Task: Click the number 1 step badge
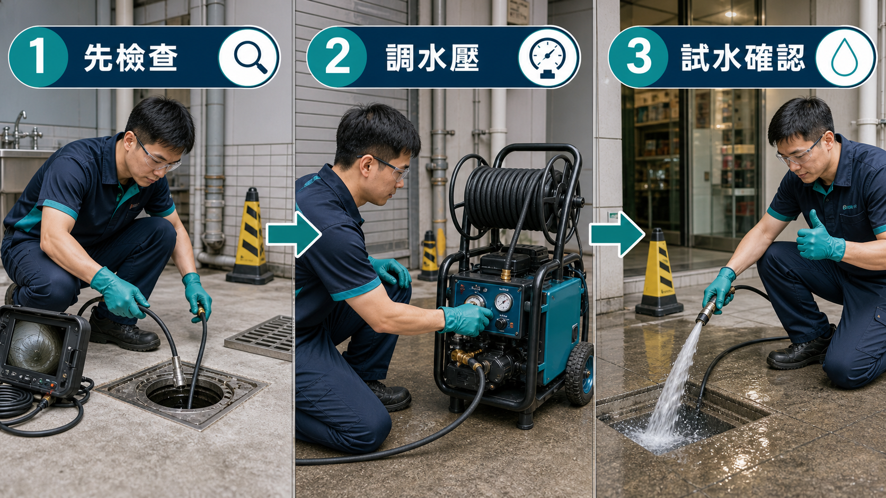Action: (x=38, y=57)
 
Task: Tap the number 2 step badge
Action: (x=336, y=57)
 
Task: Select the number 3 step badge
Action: (x=638, y=57)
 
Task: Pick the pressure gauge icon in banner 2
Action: (x=548, y=58)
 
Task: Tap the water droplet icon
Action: (x=845, y=57)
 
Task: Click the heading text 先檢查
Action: (x=131, y=57)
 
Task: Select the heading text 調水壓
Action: (x=432, y=57)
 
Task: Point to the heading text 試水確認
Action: (x=743, y=57)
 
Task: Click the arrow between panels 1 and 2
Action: (x=294, y=234)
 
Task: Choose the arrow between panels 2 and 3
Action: (x=617, y=234)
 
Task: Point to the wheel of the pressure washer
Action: (x=579, y=374)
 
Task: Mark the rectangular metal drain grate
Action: (x=261, y=337)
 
